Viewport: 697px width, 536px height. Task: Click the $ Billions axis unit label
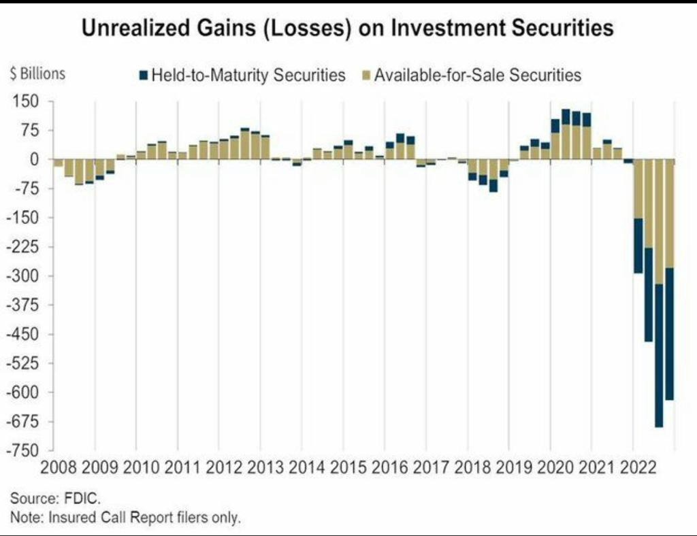pos(38,73)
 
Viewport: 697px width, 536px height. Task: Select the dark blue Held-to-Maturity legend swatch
pos(142,74)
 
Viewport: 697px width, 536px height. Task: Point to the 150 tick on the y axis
pos(24,102)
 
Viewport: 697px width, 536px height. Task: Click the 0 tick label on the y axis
pos(32,160)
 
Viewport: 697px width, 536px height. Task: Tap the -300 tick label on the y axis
pos(22,276)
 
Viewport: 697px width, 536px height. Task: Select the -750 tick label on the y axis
pos(22,451)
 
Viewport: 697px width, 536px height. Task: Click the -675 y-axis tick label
pos(22,422)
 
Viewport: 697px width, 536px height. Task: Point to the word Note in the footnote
pos(26,518)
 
